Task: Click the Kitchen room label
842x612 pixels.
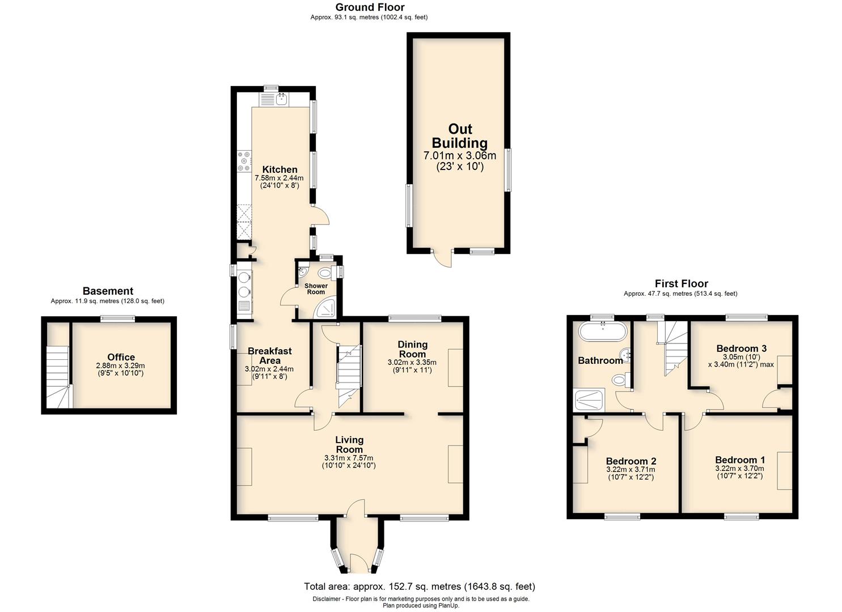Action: tap(280, 169)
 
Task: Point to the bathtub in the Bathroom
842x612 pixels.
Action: tap(603, 331)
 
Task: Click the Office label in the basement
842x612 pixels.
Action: tap(121, 357)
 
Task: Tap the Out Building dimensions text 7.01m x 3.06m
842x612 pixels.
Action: tap(460, 155)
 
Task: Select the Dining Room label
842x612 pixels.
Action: tap(412, 349)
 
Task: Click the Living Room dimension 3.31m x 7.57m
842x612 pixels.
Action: tap(349, 458)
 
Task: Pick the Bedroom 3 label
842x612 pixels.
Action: tap(741, 348)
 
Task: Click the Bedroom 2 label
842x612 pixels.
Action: tap(631, 461)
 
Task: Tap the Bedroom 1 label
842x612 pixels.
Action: tap(740, 460)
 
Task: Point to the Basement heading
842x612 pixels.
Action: tap(108, 291)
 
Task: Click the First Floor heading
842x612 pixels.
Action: tap(682, 283)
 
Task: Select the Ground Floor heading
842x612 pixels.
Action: tap(370, 7)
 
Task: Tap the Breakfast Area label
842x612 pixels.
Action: tap(269, 356)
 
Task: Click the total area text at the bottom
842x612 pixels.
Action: tap(420, 586)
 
